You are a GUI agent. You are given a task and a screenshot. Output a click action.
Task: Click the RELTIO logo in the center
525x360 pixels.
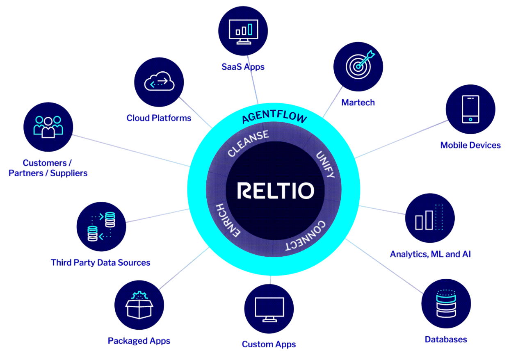click(x=276, y=191)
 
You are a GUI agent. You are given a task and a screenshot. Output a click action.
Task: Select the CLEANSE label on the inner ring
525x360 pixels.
click(x=249, y=144)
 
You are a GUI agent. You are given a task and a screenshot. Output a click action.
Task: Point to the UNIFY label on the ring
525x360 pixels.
click(x=326, y=164)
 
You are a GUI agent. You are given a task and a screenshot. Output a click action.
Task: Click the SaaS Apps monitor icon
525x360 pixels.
click(x=243, y=30)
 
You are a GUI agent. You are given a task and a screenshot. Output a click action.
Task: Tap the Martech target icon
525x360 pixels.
click(x=358, y=66)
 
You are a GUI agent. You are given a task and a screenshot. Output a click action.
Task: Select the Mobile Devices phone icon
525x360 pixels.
click(x=470, y=109)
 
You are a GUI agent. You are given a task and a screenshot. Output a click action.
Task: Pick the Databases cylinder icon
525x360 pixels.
click(x=446, y=303)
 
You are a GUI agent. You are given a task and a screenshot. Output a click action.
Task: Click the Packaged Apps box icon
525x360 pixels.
click(x=139, y=305)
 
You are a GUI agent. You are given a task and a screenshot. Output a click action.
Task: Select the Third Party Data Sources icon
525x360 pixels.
click(x=101, y=226)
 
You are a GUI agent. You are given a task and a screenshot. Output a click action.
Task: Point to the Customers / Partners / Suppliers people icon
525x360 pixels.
click(x=48, y=127)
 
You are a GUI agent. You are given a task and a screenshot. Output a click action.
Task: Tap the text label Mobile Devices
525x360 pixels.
click(x=470, y=145)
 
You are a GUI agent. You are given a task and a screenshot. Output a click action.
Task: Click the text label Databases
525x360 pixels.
click(x=445, y=339)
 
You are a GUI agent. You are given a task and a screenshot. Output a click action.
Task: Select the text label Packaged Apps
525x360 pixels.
click(x=139, y=341)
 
